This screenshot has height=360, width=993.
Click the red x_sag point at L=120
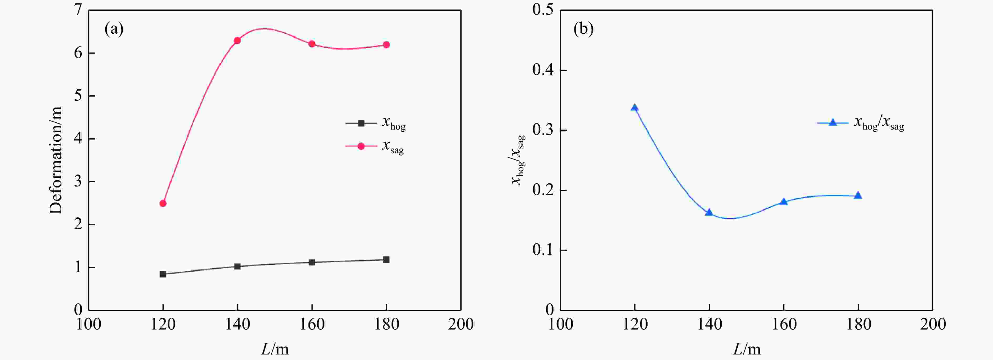163,203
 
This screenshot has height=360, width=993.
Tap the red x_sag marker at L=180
386,45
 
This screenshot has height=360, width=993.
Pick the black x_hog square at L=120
163,274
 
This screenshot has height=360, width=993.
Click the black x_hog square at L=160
312,262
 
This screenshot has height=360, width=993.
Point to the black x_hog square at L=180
386,259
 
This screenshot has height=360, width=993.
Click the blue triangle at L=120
634,107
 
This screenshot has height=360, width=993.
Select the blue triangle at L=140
709,212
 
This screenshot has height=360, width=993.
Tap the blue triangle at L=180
858,196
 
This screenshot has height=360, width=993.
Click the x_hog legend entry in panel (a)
376,123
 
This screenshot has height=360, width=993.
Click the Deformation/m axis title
56,160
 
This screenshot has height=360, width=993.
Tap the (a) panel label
114,29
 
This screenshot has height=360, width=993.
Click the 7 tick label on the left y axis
79,10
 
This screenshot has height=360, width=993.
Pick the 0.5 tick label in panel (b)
543,10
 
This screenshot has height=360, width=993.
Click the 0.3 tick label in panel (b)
543,130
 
